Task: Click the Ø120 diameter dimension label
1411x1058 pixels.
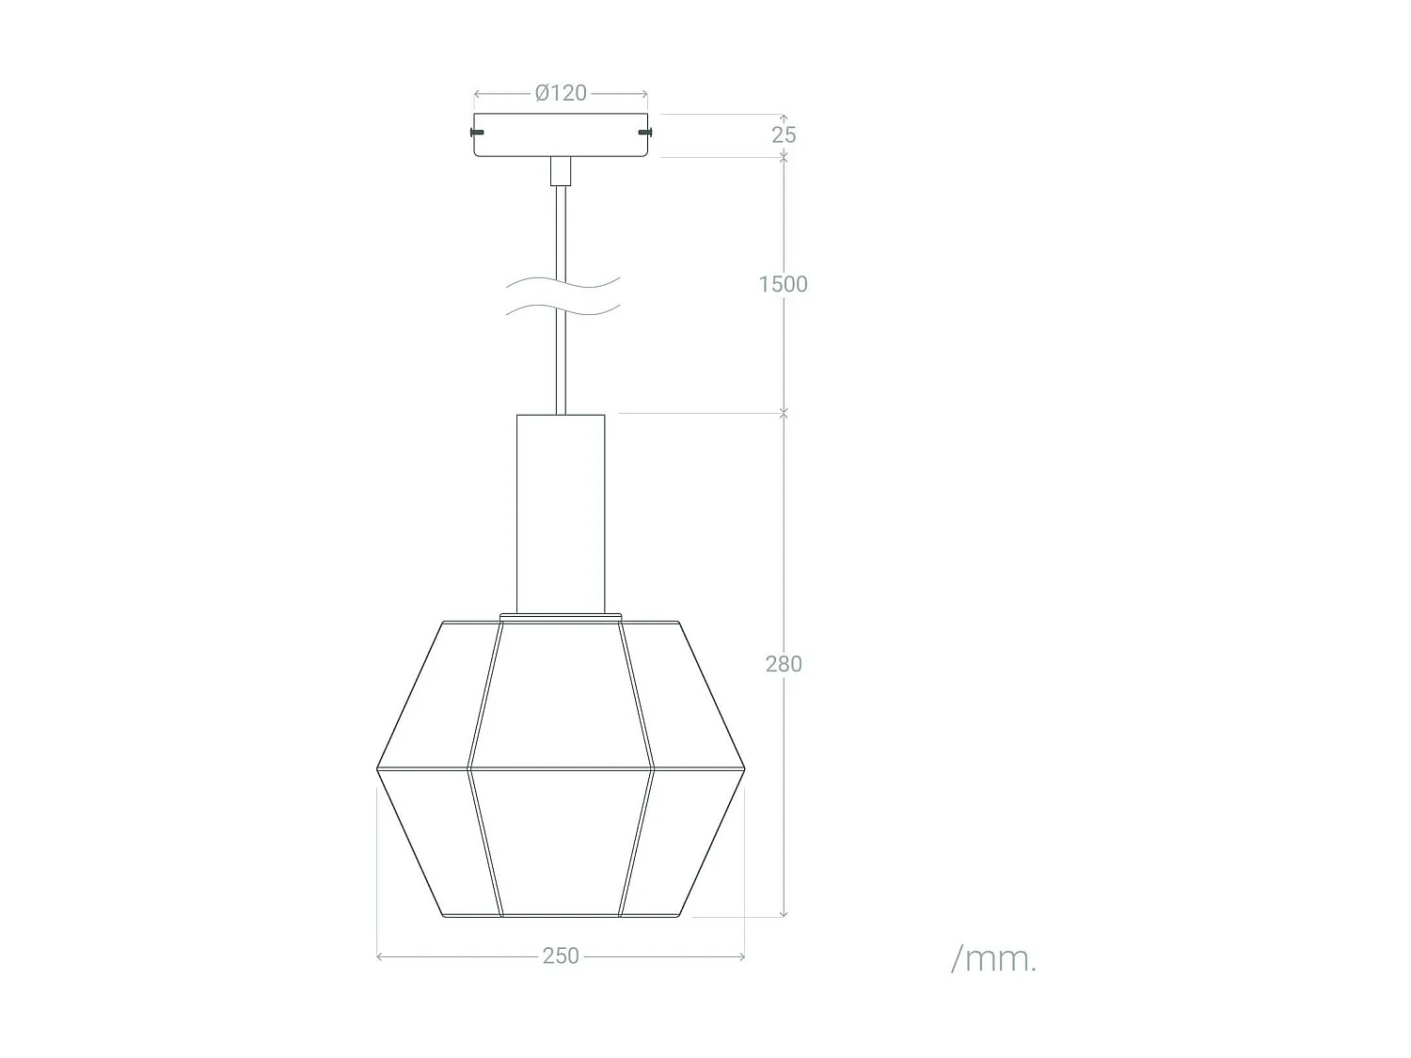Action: [561, 93]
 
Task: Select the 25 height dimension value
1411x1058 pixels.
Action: [784, 135]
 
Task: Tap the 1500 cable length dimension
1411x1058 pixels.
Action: [783, 284]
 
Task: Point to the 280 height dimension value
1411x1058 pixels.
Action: [784, 664]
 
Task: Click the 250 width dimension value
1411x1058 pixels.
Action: [561, 955]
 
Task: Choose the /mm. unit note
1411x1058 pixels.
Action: [993, 959]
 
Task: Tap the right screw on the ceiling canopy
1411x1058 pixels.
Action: [644, 132]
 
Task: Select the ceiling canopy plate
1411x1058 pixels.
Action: [561, 135]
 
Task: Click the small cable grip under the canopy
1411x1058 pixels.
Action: [561, 170]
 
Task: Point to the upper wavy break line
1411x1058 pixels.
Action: [563, 282]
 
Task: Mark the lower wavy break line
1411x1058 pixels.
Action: [563, 309]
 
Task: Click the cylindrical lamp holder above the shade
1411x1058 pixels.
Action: [561, 513]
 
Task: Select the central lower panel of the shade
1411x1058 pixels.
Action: [561, 842]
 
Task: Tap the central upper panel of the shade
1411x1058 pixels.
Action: [561, 691]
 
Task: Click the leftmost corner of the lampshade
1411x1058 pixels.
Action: [378, 769]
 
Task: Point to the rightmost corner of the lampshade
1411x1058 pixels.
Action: [744, 769]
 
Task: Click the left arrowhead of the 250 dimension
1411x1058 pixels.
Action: [379, 956]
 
